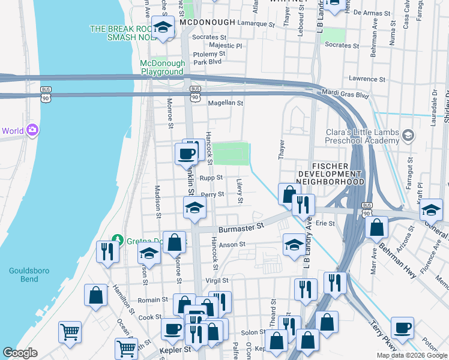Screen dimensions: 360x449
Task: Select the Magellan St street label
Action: click(x=225, y=103)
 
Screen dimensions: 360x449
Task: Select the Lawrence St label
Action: click(x=367, y=79)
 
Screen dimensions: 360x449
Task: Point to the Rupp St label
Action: click(x=211, y=178)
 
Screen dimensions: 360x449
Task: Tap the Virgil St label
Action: click(x=217, y=280)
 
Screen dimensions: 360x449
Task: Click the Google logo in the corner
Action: click(x=20, y=353)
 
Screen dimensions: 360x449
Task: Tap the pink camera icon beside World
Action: click(x=32, y=130)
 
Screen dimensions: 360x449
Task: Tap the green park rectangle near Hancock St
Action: click(x=231, y=154)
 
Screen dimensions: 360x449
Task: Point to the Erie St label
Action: click(x=325, y=223)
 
